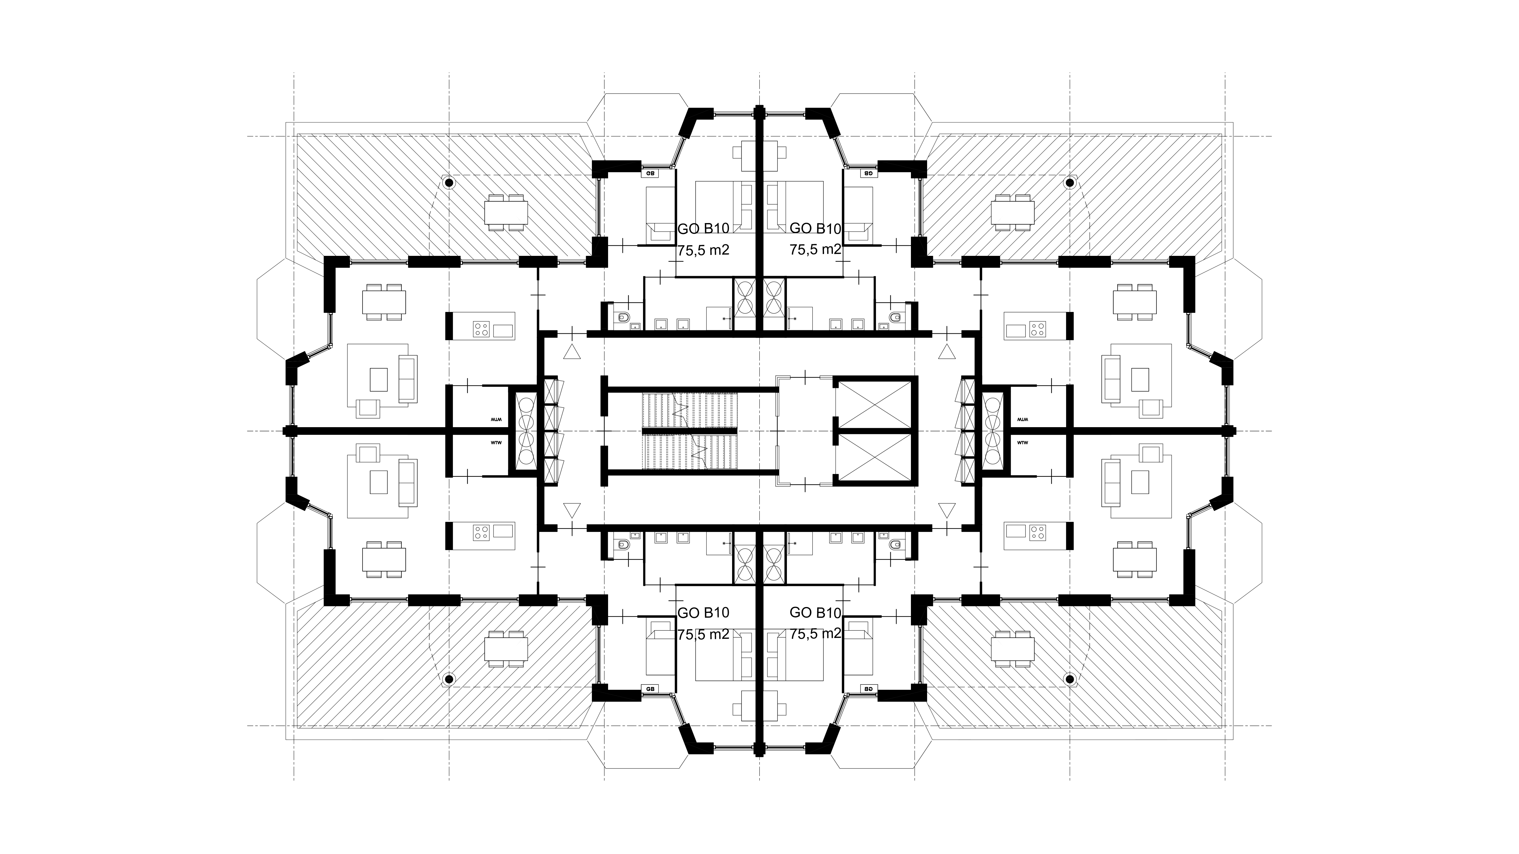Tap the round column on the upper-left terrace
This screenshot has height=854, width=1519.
[x=449, y=183]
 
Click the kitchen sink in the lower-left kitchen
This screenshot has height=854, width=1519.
[x=503, y=531]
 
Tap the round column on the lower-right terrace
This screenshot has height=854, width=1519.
[x=1070, y=679]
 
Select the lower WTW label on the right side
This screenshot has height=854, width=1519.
[x=1022, y=442]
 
